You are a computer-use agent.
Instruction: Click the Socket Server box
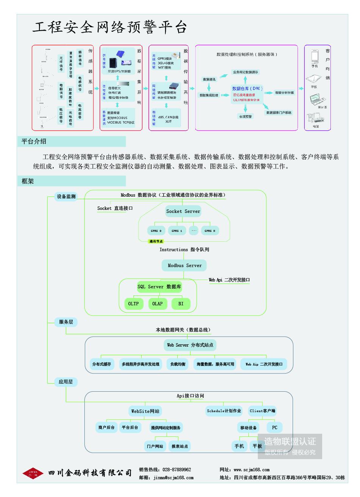point(183,211)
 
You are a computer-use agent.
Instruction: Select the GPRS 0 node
point(156,231)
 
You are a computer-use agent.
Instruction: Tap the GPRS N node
point(210,231)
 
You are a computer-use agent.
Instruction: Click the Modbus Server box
point(184,266)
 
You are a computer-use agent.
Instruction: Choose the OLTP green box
point(133,303)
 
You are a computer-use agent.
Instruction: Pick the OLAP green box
point(157,303)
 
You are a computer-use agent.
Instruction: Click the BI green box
point(181,303)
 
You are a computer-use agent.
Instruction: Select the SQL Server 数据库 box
point(159,287)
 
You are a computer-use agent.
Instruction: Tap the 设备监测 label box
point(66,197)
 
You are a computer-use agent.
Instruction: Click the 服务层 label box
point(66,322)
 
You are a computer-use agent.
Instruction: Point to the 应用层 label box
point(66,382)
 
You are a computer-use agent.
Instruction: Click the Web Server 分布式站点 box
point(190,345)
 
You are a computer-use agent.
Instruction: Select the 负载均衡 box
point(178,364)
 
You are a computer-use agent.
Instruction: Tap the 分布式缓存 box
point(101,364)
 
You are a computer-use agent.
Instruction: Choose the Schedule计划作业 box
point(224,411)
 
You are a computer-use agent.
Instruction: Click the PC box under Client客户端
point(274,428)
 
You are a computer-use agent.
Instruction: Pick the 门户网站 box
point(155,446)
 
